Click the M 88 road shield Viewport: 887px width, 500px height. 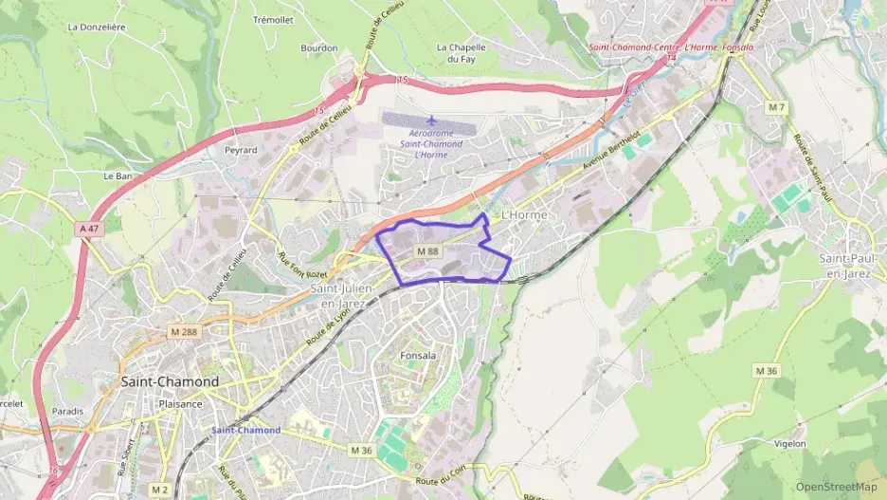[x=426, y=250]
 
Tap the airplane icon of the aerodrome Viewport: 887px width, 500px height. [x=433, y=120]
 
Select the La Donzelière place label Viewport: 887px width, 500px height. [x=97, y=28]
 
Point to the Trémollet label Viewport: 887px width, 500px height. [x=273, y=19]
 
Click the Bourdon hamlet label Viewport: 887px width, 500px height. [x=318, y=47]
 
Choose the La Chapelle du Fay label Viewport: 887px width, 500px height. [x=461, y=53]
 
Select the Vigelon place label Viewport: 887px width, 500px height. [x=788, y=443]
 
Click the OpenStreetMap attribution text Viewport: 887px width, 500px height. [x=836, y=487]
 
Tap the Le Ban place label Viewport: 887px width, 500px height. [x=117, y=176]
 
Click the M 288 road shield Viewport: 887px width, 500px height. [x=186, y=331]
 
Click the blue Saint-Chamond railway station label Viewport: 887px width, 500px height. [x=245, y=430]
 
